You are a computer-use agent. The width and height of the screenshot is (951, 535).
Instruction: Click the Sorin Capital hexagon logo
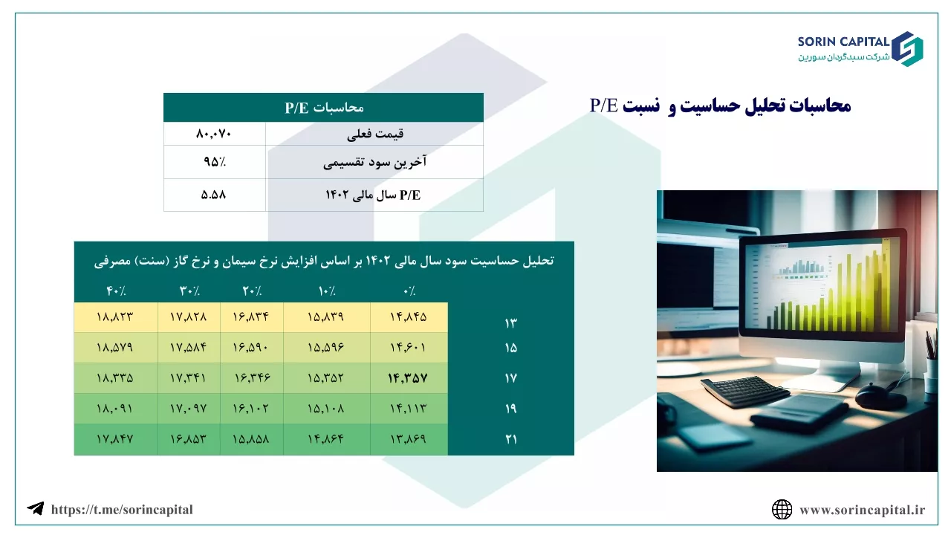tap(907, 49)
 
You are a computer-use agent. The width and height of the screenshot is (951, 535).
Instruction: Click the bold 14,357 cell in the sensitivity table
tap(408, 378)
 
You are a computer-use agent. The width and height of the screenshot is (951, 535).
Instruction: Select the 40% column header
tap(116, 291)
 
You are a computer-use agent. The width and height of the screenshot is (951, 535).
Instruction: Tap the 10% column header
tap(327, 291)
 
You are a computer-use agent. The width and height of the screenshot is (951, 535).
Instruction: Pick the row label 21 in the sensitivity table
tap(510, 438)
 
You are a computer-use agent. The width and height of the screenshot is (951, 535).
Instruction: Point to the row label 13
tap(510, 323)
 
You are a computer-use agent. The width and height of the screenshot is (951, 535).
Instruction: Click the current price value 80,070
tap(213, 134)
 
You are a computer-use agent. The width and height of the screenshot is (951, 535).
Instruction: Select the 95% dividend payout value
tap(215, 162)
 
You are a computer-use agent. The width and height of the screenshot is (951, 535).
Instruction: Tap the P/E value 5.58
tap(213, 195)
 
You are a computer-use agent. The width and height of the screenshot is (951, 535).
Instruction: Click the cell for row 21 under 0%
tap(409, 438)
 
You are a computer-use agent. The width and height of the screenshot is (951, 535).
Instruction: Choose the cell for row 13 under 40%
tap(115, 317)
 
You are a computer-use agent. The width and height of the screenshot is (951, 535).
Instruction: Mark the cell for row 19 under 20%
tap(251, 409)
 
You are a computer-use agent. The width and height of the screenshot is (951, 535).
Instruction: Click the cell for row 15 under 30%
tap(189, 347)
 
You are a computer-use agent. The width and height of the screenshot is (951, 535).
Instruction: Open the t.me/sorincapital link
tap(122, 510)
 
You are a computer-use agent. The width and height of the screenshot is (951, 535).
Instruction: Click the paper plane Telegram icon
tap(35, 508)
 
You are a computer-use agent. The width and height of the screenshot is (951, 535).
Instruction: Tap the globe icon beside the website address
tap(782, 510)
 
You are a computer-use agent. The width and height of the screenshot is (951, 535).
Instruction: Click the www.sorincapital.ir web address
tap(863, 510)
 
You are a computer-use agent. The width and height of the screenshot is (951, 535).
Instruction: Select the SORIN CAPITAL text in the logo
tap(843, 42)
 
